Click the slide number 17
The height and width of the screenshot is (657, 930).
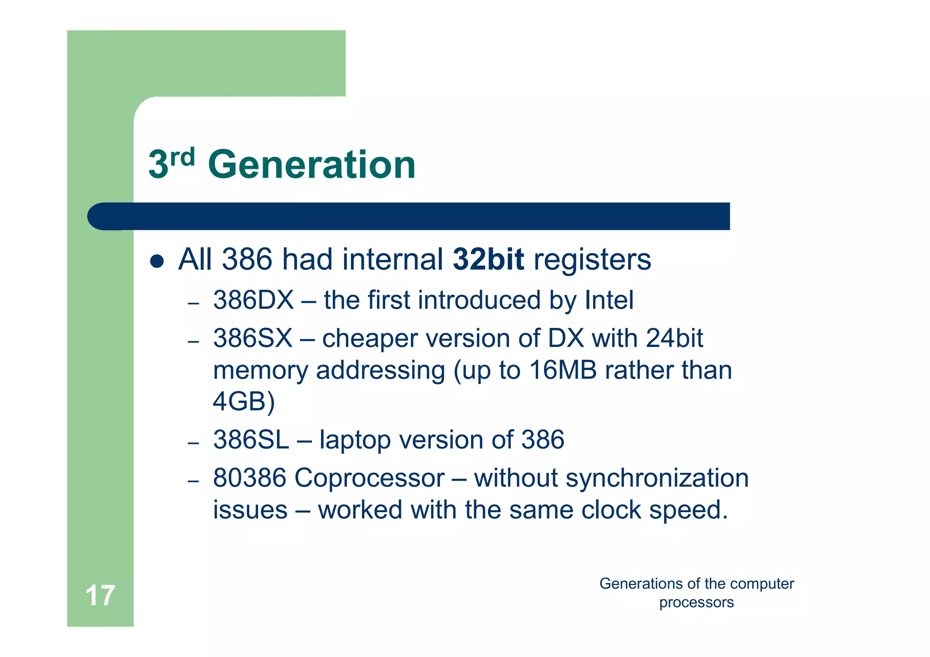(100, 595)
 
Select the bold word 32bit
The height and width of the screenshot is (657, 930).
(488, 260)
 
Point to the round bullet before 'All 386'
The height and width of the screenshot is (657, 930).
(157, 261)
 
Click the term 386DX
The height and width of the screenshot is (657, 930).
(253, 300)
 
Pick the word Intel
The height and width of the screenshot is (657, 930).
(609, 300)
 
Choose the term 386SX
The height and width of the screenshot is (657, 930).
(253, 338)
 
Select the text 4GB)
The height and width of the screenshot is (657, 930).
(244, 401)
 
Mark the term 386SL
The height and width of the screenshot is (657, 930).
(251, 440)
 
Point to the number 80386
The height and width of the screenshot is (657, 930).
(249, 478)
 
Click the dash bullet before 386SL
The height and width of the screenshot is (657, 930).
(193, 442)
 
